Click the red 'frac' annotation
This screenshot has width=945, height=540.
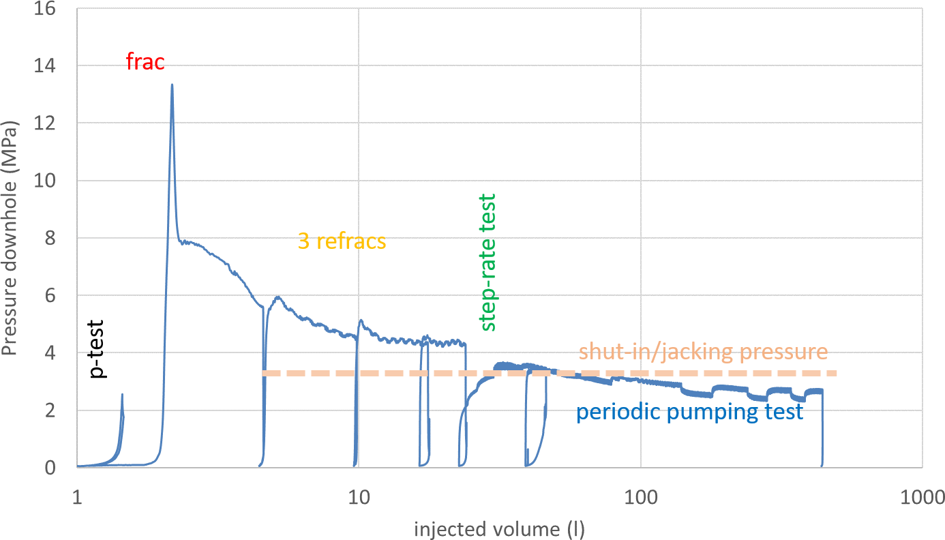coord(145,63)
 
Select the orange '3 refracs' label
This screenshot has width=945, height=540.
coord(342,241)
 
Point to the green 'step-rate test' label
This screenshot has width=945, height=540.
coord(487,262)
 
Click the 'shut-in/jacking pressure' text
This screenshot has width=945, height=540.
coord(703,352)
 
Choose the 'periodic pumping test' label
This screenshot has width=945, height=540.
coord(689,412)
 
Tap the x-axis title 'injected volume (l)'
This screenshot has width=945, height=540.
coord(500,529)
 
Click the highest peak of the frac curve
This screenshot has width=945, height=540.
coord(172,85)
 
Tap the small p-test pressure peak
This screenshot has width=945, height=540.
coord(122,395)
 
